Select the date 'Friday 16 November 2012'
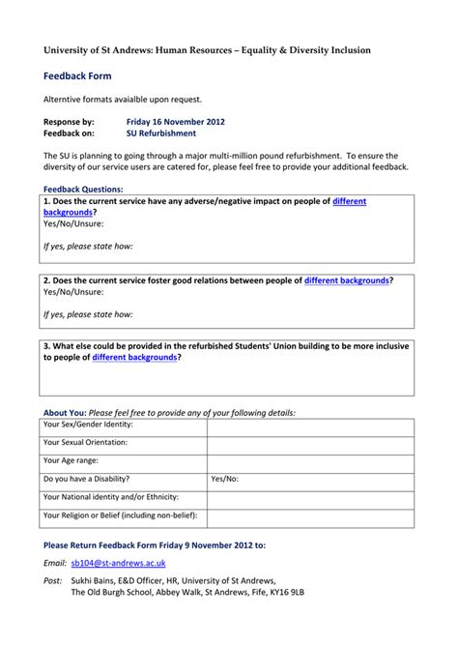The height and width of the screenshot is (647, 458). (176, 122)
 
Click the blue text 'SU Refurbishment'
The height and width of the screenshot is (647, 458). (160, 133)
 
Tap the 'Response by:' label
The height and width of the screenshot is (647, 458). (69, 122)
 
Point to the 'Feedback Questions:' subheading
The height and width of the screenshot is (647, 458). (83, 189)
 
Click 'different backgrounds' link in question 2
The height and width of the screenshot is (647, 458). (347, 280)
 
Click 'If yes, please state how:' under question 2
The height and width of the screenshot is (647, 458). (88, 314)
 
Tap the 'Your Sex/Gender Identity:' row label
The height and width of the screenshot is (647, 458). (89, 425)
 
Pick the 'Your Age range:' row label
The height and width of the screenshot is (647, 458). (71, 461)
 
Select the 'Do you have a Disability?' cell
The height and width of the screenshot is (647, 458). (86, 479)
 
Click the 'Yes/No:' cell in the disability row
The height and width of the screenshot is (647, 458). (224, 479)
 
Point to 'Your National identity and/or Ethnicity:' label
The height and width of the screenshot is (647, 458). (111, 497)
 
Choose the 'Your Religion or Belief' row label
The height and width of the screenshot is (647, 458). (120, 515)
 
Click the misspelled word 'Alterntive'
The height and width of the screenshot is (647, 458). (64, 99)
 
